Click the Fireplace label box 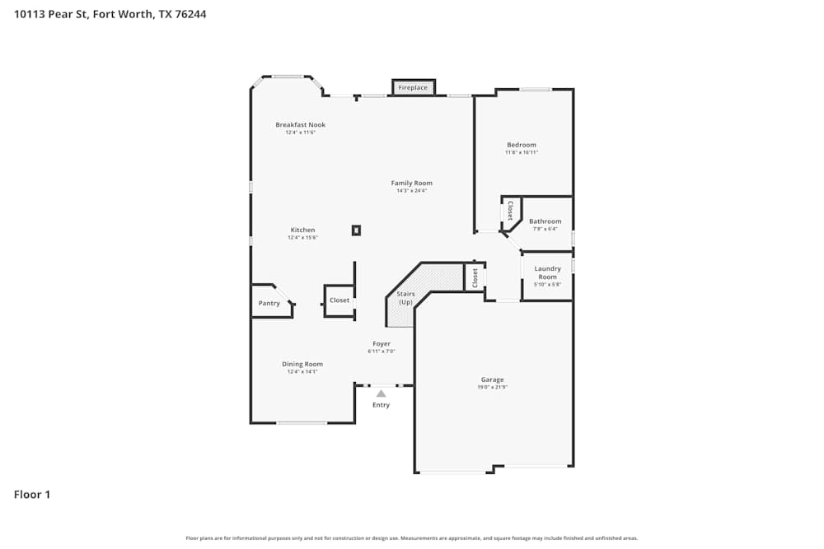pyautogui.click(x=413, y=87)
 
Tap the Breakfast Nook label pyautogui.click(x=300, y=125)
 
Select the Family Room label pyautogui.click(x=411, y=183)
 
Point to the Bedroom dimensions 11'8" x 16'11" pyautogui.click(x=522, y=152)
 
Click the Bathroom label pyautogui.click(x=545, y=221)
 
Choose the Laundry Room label pyautogui.click(x=547, y=272)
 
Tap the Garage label pyautogui.click(x=492, y=379)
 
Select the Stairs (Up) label pyautogui.click(x=405, y=298)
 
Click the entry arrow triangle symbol pyautogui.click(x=381, y=393)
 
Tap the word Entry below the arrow pyautogui.click(x=381, y=405)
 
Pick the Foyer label pyautogui.click(x=382, y=343)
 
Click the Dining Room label pyautogui.click(x=302, y=364)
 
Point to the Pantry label pyautogui.click(x=269, y=303)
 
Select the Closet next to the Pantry pyautogui.click(x=339, y=300)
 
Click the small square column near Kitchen pyautogui.click(x=356, y=230)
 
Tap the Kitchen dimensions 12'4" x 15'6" pyautogui.click(x=302, y=237)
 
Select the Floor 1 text pyautogui.click(x=32, y=495)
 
